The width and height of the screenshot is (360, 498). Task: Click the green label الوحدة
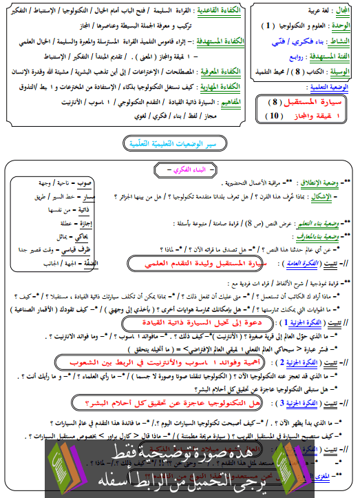[x=340, y=26]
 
